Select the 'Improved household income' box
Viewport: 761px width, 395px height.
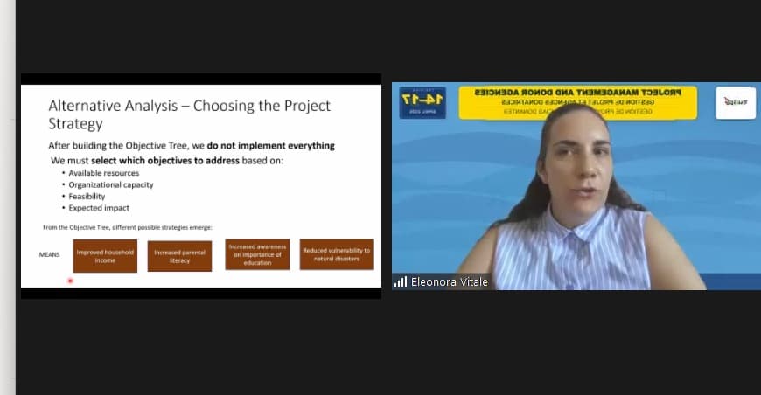[x=105, y=255]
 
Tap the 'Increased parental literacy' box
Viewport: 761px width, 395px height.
[x=179, y=256]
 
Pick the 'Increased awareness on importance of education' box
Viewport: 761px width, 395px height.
[x=257, y=254]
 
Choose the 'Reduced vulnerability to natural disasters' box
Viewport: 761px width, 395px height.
[x=336, y=254]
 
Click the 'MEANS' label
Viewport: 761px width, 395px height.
[x=49, y=255]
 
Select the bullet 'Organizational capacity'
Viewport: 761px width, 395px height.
[x=110, y=184]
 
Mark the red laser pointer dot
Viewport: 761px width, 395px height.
[x=70, y=281]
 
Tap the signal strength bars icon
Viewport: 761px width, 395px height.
[x=401, y=281]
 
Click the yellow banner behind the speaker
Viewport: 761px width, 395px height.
[x=577, y=101]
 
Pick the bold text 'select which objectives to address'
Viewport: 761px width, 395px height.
[x=165, y=161]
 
